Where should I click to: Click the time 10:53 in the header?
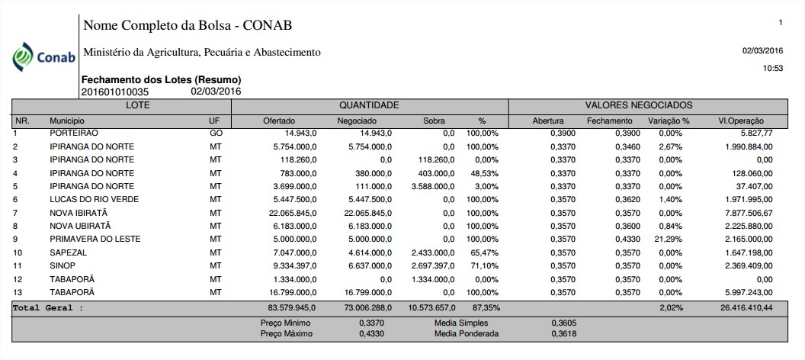(x=773, y=69)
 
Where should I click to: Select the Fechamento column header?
(x=609, y=121)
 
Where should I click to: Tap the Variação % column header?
(x=669, y=121)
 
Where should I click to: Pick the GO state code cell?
(x=216, y=133)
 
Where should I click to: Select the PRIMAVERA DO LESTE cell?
(x=95, y=239)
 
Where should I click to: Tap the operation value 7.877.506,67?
(x=748, y=213)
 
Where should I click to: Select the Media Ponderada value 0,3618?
(x=560, y=333)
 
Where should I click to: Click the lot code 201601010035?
(x=114, y=92)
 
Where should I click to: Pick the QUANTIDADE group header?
(x=369, y=105)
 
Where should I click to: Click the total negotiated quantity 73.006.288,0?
(x=364, y=307)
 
